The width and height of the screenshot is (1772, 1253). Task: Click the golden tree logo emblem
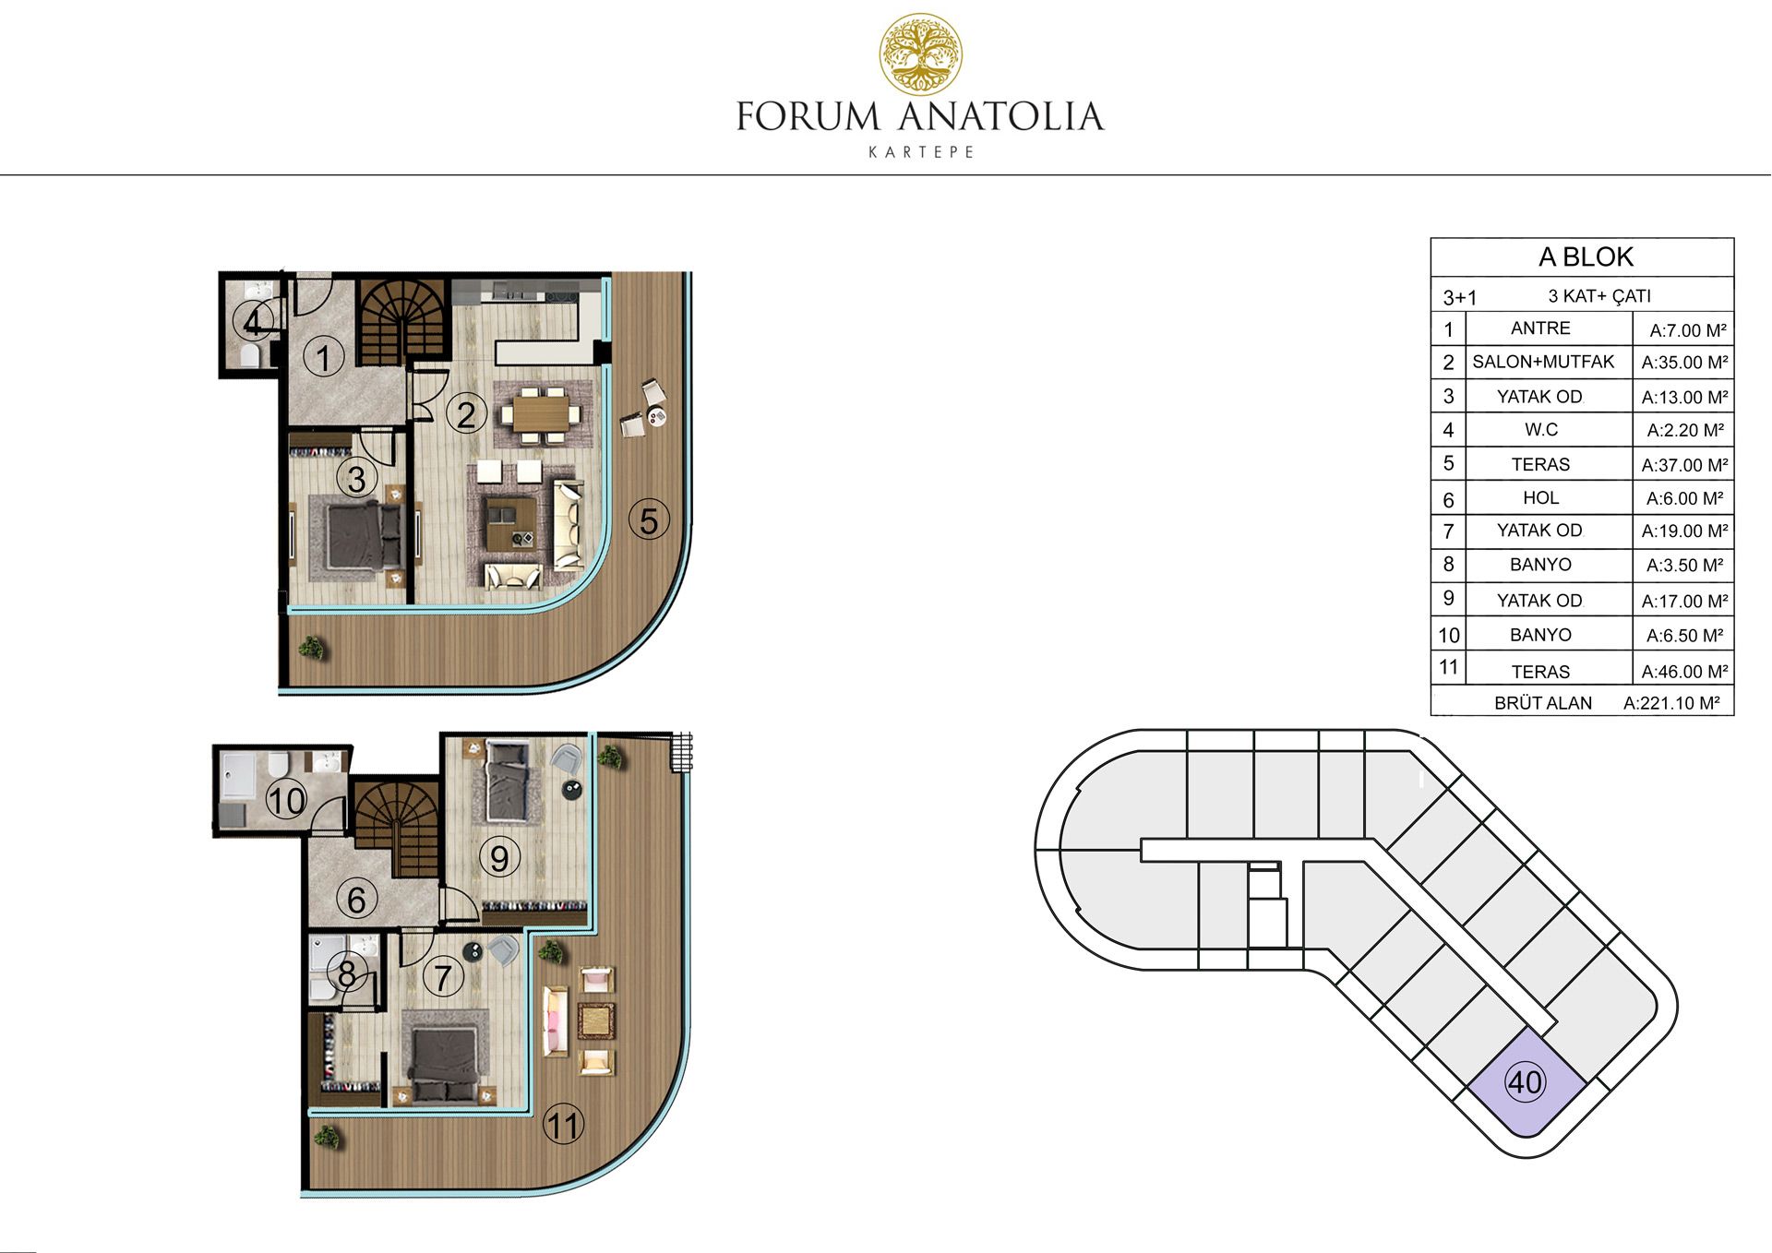point(920,54)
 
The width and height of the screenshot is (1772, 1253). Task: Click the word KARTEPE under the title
point(921,152)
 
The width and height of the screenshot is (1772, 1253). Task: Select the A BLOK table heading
point(1586,257)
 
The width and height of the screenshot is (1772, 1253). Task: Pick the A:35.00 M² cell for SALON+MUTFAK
point(1684,363)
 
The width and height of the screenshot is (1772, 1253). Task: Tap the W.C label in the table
point(1540,430)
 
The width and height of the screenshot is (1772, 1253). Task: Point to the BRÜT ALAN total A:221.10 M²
point(1671,703)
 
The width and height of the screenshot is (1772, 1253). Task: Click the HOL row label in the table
point(1540,498)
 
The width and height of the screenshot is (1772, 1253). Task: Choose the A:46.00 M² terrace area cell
point(1684,672)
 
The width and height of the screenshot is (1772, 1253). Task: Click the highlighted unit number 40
point(1525,1081)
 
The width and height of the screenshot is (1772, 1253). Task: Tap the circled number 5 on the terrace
point(649,520)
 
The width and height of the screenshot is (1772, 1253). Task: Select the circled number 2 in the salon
point(466,414)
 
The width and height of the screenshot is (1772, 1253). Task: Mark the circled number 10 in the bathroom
point(286,800)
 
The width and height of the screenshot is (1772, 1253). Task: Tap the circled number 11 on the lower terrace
point(563,1125)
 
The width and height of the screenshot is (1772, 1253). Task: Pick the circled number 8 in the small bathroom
point(346,974)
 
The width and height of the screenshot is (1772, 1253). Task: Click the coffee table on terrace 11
point(596,1020)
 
